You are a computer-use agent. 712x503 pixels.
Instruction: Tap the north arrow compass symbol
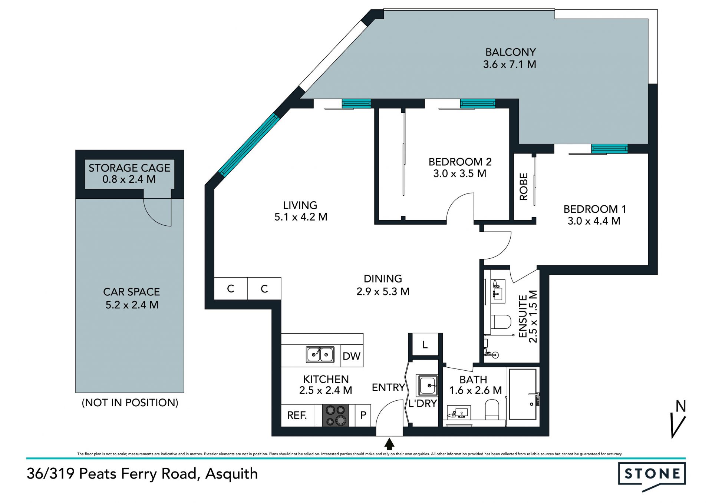click(678, 419)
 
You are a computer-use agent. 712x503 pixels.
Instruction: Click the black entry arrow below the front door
click(389, 444)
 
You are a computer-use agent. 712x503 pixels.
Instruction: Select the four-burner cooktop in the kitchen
click(336, 415)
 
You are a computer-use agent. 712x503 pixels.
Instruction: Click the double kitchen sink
click(320, 354)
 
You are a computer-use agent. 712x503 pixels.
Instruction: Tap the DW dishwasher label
click(352, 356)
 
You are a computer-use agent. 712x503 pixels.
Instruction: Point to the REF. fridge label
click(297, 415)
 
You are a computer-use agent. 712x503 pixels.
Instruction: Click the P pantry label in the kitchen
click(363, 415)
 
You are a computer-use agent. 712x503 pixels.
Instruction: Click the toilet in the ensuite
click(501, 321)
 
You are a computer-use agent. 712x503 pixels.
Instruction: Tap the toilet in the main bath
click(492, 410)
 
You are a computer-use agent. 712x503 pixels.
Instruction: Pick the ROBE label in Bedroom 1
click(524, 187)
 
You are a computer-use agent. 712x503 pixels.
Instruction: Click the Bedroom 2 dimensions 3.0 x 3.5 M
click(460, 173)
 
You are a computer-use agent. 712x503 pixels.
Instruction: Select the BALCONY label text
click(511, 52)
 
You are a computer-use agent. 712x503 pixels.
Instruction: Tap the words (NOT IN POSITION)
click(130, 403)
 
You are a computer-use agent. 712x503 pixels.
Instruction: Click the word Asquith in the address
click(231, 474)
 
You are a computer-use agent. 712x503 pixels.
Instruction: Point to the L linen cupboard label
click(425, 345)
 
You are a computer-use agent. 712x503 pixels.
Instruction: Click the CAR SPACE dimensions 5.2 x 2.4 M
click(132, 305)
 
